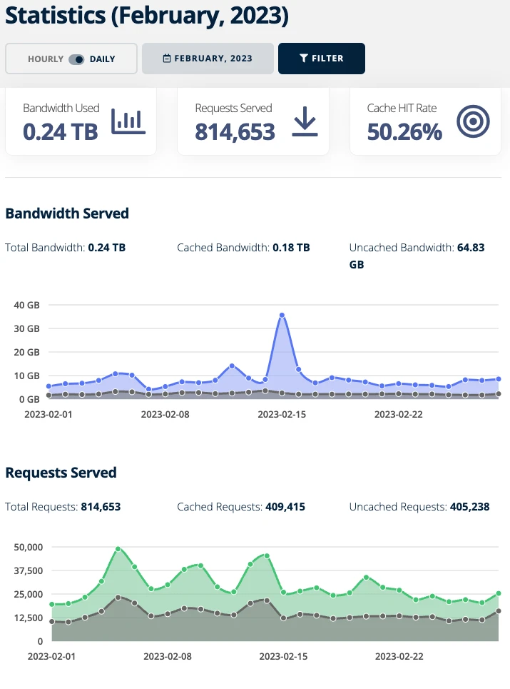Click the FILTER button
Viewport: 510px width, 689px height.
321,59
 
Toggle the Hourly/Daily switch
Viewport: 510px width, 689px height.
76,59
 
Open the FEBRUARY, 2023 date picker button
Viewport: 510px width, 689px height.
208,59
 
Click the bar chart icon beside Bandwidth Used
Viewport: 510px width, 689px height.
128,123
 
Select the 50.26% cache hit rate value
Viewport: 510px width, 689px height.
404,131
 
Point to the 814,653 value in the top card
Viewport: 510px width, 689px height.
235,131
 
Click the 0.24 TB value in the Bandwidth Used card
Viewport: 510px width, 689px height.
60,131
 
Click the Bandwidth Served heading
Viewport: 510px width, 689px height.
67,213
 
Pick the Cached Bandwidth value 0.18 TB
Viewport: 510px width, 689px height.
291,248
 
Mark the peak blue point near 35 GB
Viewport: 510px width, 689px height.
282,315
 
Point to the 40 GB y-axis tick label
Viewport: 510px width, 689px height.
26,305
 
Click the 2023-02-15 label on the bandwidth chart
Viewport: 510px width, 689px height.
282,413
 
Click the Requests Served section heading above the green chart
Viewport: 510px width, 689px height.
61,473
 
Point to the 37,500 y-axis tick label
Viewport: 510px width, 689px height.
29,570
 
